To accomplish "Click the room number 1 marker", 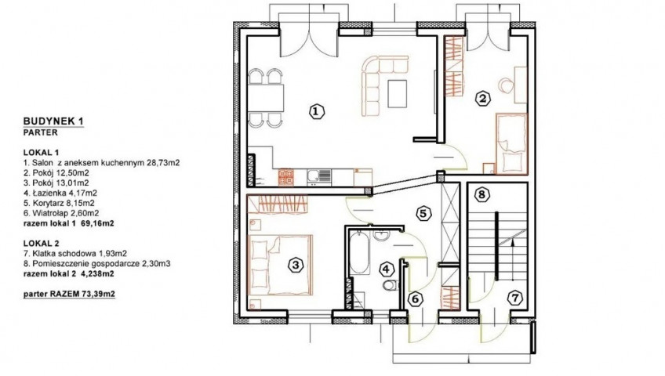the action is click(316, 112).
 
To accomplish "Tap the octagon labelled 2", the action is click(482, 99).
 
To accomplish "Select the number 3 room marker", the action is click(296, 266).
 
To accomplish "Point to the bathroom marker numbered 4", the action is click(386, 269).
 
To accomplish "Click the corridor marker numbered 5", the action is click(423, 213).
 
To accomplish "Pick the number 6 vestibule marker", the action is click(415, 299).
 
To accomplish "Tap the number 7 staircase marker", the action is click(515, 298).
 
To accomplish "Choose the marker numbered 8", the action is click(481, 195).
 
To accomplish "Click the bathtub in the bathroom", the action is click(360, 253).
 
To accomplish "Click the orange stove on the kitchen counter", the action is click(286, 177).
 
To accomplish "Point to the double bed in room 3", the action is click(280, 265).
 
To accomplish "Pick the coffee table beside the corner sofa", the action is click(398, 93).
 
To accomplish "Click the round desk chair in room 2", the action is click(506, 85).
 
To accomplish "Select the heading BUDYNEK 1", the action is click(53, 121).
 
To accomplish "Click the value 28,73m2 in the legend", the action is click(163, 163).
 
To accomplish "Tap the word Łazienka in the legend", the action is click(46, 193).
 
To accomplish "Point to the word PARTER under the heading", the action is click(40, 132).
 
